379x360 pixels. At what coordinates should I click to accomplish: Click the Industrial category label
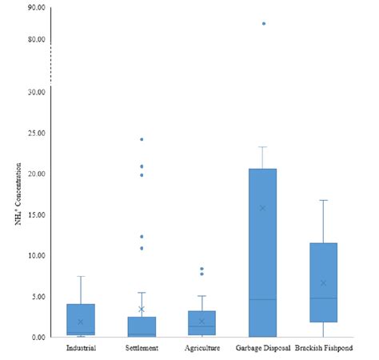pyautogui.click(x=81, y=348)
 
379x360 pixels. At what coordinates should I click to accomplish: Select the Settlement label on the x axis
pyautogui.click(x=142, y=348)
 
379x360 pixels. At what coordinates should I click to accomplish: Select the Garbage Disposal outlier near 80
pyautogui.click(x=263, y=24)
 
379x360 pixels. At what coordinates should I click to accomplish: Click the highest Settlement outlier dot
pyautogui.click(x=142, y=139)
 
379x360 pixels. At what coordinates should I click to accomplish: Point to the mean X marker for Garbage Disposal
pyautogui.click(x=263, y=208)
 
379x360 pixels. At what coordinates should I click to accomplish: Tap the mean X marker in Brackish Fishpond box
pyautogui.click(x=324, y=282)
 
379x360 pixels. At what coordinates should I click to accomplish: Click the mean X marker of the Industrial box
pyautogui.click(x=81, y=322)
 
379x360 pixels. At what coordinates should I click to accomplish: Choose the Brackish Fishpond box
pyautogui.click(x=324, y=282)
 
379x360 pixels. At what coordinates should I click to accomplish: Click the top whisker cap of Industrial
pyautogui.click(x=81, y=276)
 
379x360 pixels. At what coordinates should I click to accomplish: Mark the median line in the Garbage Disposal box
pyautogui.click(x=263, y=299)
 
